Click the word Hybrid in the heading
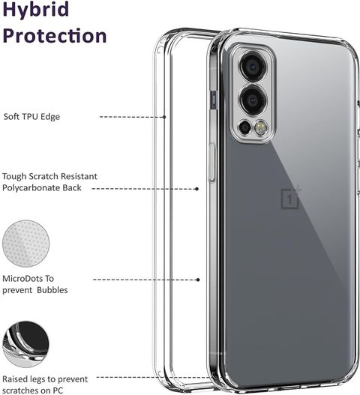click(x=36, y=9)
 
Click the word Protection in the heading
click(x=55, y=35)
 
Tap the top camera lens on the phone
click(x=252, y=67)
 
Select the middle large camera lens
click(x=252, y=100)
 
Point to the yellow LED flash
click(x=261, y=127)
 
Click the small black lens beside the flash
click(x=244, y=127)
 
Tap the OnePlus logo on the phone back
click(x=291, y=198)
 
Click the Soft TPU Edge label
click(x=31, y=117)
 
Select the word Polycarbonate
click(x=31, y=188)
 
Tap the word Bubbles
click(x=52, y=290)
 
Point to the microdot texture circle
click(x=26, y=244)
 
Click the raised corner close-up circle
click(x=26, y=344)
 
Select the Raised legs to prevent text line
click(x=45, y=379)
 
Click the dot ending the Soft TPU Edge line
click(x=164, y=117)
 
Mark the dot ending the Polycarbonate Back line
click(x=197, y=189)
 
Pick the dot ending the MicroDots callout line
click(x=198, y=280)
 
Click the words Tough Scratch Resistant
click(x=49, y=176)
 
